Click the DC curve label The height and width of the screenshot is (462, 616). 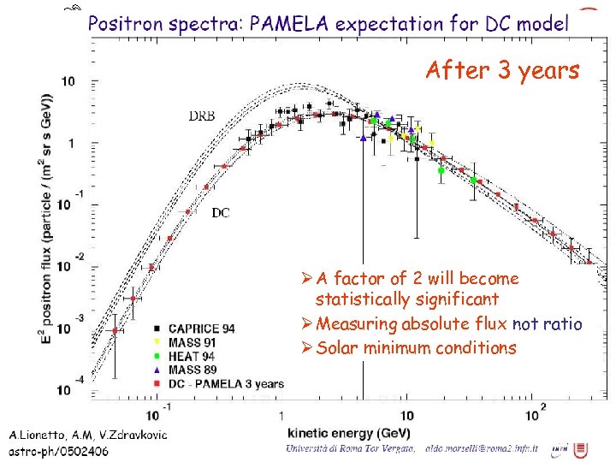(x=220, y=213)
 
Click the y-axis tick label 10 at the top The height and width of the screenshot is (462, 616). (x=65, y=82)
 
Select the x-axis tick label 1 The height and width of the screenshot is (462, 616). (x=281, y=415)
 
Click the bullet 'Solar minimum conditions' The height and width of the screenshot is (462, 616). (x=416, y=347)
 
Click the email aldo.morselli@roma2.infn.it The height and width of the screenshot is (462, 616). (x=483, y=448)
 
